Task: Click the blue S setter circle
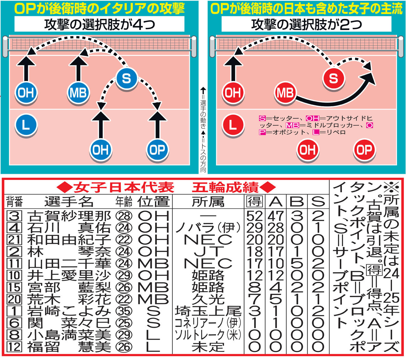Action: pos(126,78)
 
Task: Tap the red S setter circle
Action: pos(334,78)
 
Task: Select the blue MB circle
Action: pos(78,93)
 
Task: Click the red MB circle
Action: pos(285,93)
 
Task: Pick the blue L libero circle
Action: pos(26,125)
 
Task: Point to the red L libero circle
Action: pos(233,125)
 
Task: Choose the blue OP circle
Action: pos(157,150)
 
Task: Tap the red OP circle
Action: pos(364,150)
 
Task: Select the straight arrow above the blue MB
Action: pos(78,68)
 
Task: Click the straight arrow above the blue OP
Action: pos(157,125)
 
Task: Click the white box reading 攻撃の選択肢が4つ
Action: pos(99,24)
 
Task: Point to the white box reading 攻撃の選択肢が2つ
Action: pos(306,24)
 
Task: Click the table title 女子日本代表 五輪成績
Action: pos(166,187)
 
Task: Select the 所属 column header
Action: pos(208,201)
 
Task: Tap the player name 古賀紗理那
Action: pos(69,216)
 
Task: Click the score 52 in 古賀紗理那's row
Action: pos(255,216)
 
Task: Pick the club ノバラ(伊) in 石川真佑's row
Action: pos(208,228)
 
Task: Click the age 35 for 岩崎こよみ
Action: pos(124,311)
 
